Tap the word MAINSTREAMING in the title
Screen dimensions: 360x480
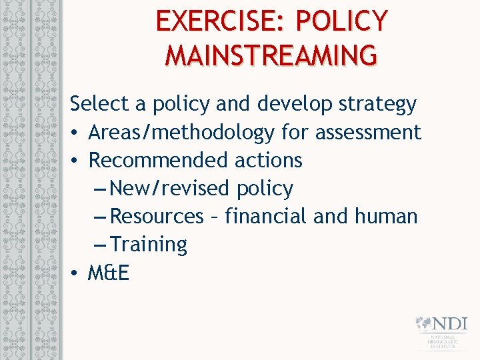(271, 55)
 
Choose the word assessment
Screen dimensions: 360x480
(368, 133)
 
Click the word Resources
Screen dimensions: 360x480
(157, 217)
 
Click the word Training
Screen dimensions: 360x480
(149, 245)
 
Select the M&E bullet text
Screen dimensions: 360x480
(109, 273)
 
